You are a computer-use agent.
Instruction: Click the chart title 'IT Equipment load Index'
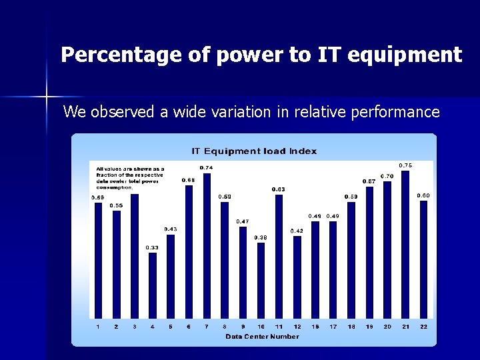tap(254, 151)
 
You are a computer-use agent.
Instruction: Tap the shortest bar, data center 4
tap(153, 285)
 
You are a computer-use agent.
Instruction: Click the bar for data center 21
tap(405, 244)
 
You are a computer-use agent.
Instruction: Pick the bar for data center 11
tap(279, 256)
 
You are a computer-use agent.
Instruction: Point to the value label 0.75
tap(405, 165)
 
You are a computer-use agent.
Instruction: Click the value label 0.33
tap(153, 247)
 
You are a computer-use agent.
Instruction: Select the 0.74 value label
tap(207, 167)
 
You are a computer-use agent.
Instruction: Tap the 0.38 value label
tap(261, 237)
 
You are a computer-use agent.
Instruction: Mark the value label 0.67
tap(369, 181)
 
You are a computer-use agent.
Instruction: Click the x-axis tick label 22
tap(423, 327)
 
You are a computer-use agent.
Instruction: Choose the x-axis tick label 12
tap(297, 327)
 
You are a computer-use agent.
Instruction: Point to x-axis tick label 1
tap(98, 327)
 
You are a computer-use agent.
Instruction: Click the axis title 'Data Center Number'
tap(262, 337)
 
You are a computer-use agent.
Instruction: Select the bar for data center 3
tap(135, 256)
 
